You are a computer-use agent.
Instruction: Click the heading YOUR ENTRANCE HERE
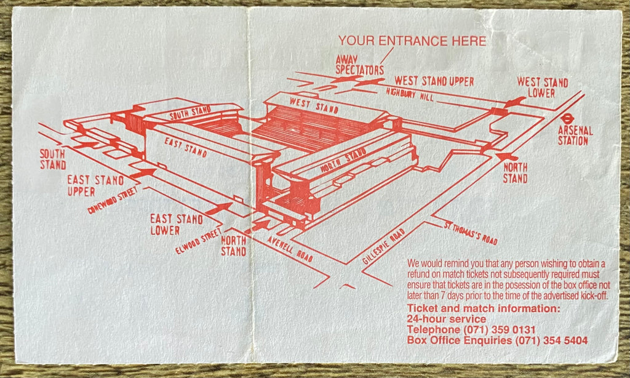(x=412, y=41)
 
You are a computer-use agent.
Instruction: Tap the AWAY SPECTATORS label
(x=359, y=65)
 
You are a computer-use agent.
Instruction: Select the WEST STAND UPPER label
(x=434, y=81)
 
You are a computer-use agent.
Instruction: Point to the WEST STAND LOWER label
(x=542, y=87)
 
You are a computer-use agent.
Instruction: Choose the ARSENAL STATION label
(x=575, y=135)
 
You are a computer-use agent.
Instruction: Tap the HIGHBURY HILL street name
(x=410, y=95)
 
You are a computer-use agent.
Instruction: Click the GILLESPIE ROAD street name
(x=383, y=246)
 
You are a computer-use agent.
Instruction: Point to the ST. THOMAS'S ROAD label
(x=471, y=233)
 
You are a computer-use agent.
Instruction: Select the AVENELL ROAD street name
(x=290, y=249)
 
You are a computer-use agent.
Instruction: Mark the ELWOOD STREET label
(x=199, y=241)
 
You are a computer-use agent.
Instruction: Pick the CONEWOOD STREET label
(x=113, y=200)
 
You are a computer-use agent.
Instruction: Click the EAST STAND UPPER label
(x=95, y=185)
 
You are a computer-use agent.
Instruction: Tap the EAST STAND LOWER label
(x=177, y=224)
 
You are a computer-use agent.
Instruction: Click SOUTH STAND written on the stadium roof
(x=190, y=113)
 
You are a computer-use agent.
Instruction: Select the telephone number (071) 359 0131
(x=499, y=330)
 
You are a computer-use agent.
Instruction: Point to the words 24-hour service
(x=447, y=320)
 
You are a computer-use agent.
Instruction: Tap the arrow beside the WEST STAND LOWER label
(x=515, y=102)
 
